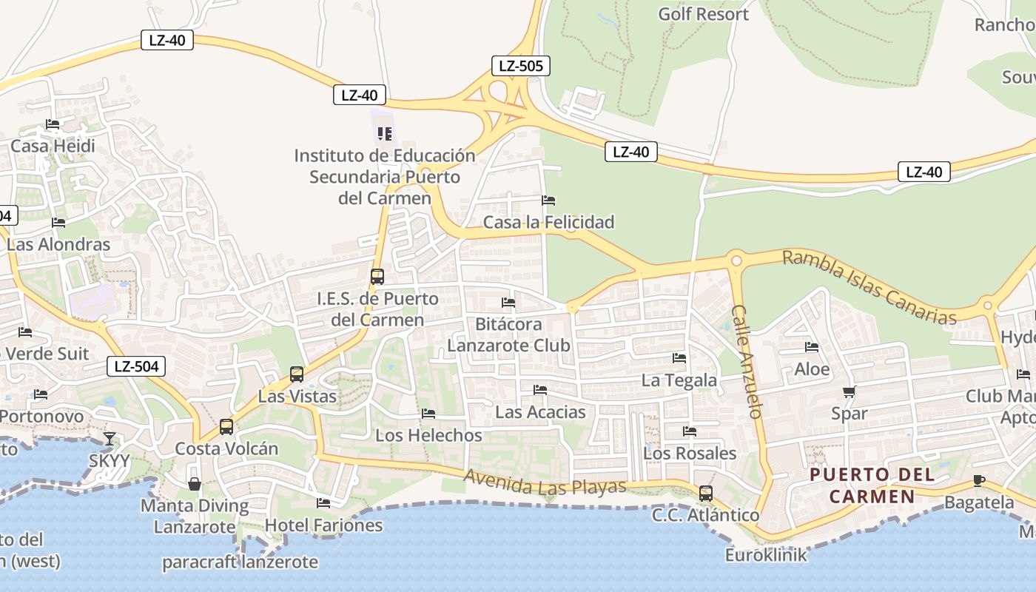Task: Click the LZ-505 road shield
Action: (x=521, y=66)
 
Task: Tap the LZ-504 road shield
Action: (x=136, y=366)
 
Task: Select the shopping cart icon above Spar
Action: (x=849, y=391)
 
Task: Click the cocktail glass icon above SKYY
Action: (x=110, y=439)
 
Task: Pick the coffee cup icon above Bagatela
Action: (x=979, y=480)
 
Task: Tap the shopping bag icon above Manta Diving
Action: (x=195, y=484)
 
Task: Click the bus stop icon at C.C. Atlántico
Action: (x=706, y=493)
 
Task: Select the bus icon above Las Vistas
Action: (x=297, y=374)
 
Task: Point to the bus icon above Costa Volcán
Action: (x=226, y=427)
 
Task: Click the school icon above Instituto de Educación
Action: (x=384, y=134)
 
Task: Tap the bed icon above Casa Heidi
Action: (x=53, y=124)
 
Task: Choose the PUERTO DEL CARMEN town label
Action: (x=872, y=485)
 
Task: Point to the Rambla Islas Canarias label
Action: (x=869, y=288)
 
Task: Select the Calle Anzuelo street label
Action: (x=747, y=361)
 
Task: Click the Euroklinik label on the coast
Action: (x=766, y=554)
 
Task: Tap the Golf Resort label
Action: (x=703, y=14)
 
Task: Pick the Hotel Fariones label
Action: (x=323, y=525)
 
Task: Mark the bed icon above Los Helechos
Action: (x=428, y=414)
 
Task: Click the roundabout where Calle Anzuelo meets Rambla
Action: (x=736, y=260)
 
